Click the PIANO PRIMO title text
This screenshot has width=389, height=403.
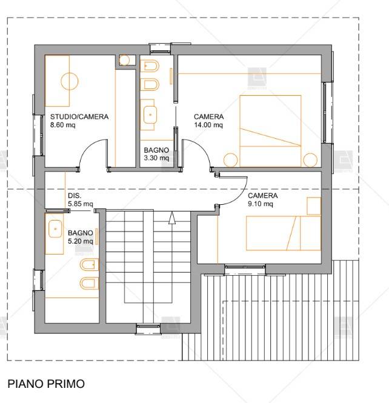pos(46,384)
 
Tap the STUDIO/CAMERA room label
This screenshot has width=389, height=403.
pos(79,117)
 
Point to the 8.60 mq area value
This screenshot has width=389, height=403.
pos(62,125)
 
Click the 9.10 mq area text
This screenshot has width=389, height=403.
pos(261,204)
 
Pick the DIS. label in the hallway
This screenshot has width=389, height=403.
pos(75,196)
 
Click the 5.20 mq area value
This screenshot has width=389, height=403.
pos(81,241)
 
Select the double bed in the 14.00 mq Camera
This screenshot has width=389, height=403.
pos(271,130)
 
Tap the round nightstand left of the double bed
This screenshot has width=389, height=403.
pos(230,160)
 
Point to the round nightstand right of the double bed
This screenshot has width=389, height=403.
pos(310,160)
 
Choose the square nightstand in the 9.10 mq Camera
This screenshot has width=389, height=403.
pos(313,206)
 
